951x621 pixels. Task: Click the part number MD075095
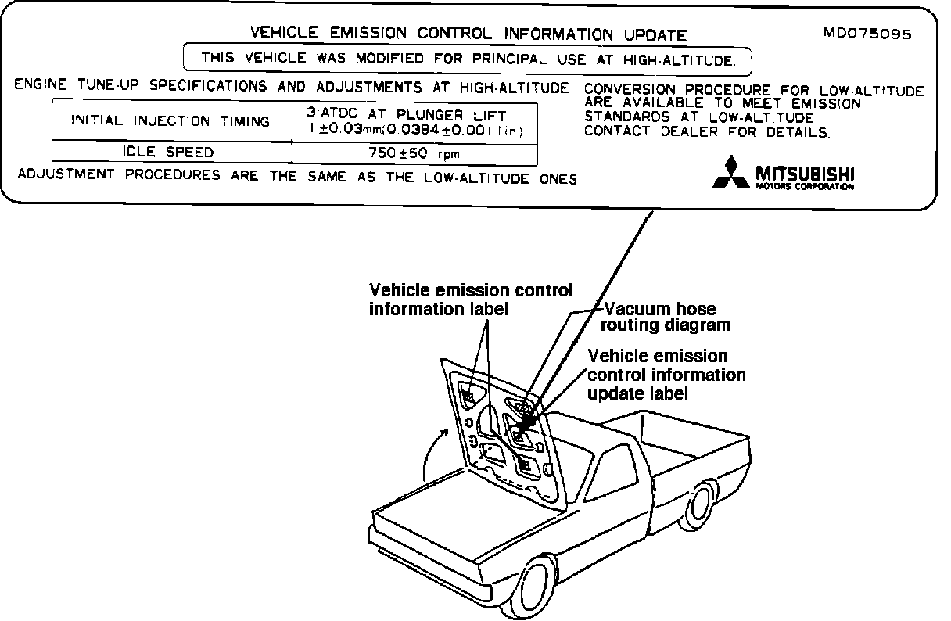pyautogui.click(x=867, y=34)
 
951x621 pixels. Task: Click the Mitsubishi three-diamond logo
pyautogui.click(x=730, y=173)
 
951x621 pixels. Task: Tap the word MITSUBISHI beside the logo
pyautogui.click(x=805, y=171)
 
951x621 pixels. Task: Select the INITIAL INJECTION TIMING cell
pyautogui.click(x=170, y=121)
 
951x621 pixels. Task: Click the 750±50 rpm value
pyautogui.click(x=414, y=153)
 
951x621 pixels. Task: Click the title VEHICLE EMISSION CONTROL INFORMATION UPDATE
pyautogui.click(x=468, y=34)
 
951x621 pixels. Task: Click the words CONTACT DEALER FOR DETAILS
pyautogui.click(x=706, y=131)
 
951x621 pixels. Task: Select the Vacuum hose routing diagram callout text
pyautogui.click(x=667, y=317)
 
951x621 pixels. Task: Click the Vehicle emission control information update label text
pyautogui.click(x=666, y=375)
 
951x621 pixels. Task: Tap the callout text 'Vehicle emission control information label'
pyautogui.click(x=470, y=300)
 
